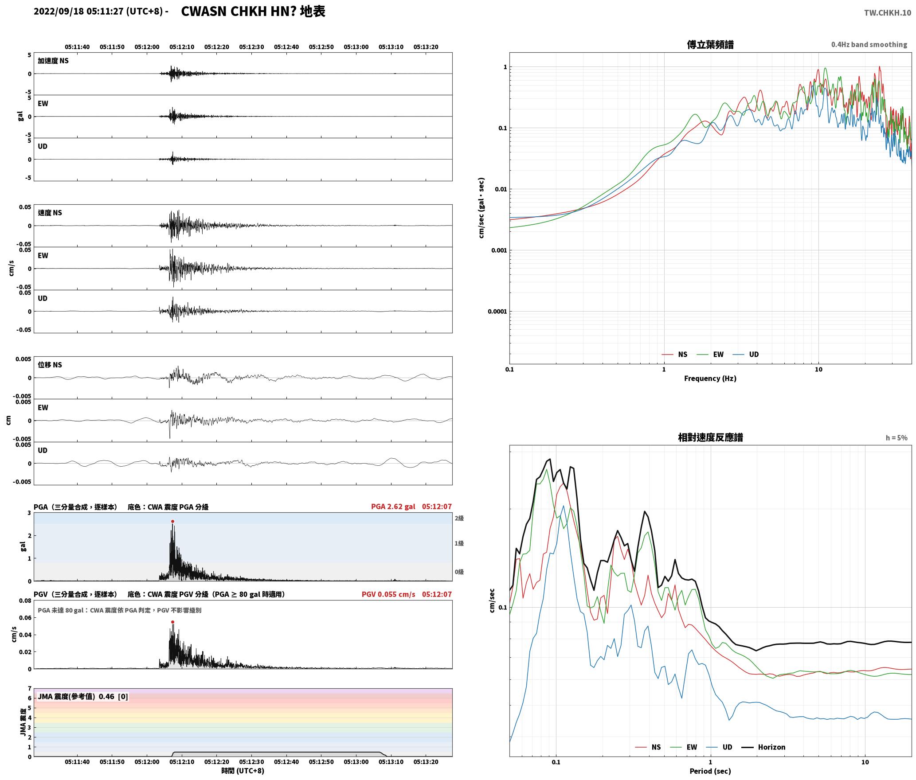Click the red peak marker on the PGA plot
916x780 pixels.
click(x=172, y=521)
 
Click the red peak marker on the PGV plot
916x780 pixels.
click(x=172, y=622)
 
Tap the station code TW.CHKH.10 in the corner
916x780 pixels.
click(x=888, y=12)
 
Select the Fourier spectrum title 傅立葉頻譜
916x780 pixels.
click(x=710, y=44)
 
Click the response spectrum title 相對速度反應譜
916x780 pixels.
click(x=710, y=437)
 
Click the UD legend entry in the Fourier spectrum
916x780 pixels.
click(x=746, y=354)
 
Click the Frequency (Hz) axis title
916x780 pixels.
click(x=710, y=378)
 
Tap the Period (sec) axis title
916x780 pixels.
click(x=710, y=771)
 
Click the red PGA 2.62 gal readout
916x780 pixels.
click(x=393, y=507)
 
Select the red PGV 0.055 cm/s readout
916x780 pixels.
click(x=388, y=594)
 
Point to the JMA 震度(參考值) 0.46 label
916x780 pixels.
click(x=76, y=696)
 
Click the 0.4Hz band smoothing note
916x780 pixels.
click(x=869, y=44)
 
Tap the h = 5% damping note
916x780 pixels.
click(x=896, y=437)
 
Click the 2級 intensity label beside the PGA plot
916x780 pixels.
click(x=459, y=518)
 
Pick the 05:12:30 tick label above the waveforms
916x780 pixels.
click(x=251, y=47)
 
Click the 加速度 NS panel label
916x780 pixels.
click(x=53, y=61)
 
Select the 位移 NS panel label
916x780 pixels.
click(x=50, y=365)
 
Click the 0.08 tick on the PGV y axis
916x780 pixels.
click(x=25, y=601)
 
